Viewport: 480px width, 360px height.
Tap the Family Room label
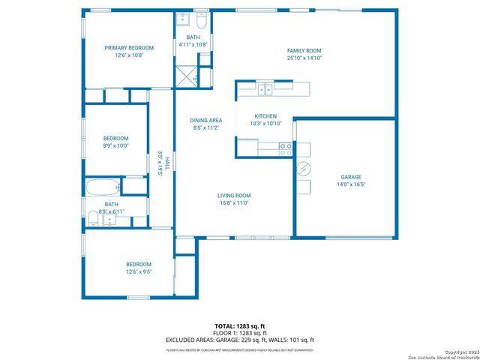click(304, 50)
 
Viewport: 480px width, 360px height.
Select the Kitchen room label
click(265, 116)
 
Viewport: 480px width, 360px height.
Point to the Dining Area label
click(205, 120)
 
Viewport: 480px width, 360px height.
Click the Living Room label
click(234, 195)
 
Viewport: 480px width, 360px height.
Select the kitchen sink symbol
click(265, 90)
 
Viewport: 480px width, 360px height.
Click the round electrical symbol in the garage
click(303, 169)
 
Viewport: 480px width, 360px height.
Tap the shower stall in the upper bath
click(186, 74)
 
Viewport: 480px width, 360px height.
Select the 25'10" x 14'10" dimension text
click(304, 58)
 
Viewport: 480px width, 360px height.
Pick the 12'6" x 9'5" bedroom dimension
click(139, 272)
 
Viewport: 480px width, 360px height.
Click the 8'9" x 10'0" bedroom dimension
click(115, 146)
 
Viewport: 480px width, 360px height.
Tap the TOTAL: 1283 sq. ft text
click(240, 325)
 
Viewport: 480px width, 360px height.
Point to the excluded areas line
click(240, 340)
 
